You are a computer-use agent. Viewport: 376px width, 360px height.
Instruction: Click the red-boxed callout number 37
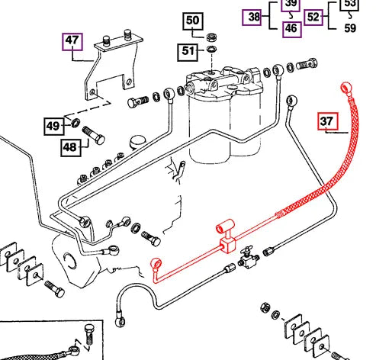pos(328,121)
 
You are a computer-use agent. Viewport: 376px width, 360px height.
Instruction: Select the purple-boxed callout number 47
pos(72,41)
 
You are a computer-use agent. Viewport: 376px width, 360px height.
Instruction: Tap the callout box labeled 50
pos(193,21)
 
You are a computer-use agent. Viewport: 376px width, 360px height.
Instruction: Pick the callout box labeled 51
pos(188,52)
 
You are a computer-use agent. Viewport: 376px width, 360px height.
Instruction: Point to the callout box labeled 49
pos(54,126)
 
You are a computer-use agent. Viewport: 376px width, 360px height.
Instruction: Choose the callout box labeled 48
pos(71,147)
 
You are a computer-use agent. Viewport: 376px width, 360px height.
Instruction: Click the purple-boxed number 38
pos(252,18)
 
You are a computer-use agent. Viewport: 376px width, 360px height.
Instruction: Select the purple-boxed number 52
pos(313,18)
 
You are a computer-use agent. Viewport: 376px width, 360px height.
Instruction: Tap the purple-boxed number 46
pos(291,29)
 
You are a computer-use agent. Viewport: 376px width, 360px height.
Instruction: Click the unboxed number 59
pos(350,28)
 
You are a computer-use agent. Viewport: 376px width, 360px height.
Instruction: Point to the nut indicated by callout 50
pos(211,38)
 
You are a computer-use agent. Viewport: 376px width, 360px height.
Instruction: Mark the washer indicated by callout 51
pos(211,49)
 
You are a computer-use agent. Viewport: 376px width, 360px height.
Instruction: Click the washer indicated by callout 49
pos(76,123)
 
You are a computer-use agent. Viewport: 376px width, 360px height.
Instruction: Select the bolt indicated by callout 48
pos(94,136)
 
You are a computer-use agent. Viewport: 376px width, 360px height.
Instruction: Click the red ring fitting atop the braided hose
pos(346,87)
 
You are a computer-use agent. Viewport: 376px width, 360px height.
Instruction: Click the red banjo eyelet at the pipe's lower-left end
pos(156,264)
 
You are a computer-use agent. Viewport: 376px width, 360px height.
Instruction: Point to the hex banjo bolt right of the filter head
pos(307,64)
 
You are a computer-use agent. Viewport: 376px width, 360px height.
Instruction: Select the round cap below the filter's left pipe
pos(138,143)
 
